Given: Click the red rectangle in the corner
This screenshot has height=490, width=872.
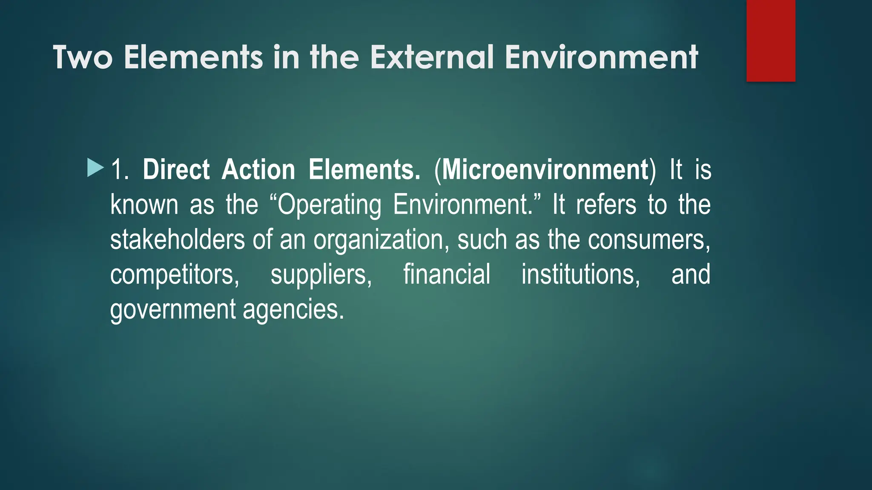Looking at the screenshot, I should (771, 41).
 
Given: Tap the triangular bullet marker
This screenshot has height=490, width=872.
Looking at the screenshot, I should (95, 168).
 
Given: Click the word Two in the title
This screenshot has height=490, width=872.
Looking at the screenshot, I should (83, 57).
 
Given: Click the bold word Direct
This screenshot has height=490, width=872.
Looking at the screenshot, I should (176, 170).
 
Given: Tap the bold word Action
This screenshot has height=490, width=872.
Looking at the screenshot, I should (258, 170).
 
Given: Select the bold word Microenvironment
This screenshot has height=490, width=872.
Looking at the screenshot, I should (545, 170).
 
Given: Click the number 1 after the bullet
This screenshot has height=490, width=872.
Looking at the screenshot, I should (118, 170).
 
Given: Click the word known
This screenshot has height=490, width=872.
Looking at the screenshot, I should (144, 205).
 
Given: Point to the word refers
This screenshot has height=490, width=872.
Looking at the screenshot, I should (606, 205).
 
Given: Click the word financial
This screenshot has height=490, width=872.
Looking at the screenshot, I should (447, 275).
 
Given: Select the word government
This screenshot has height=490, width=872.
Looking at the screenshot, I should (172, 310).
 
